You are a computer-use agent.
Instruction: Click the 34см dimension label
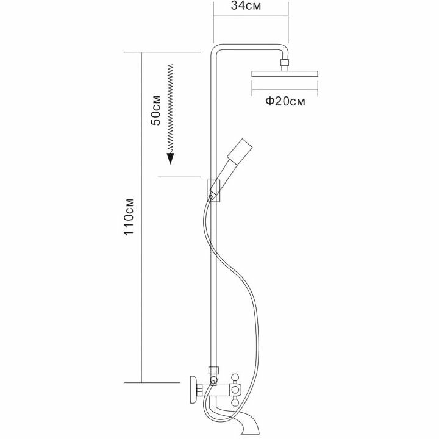250,7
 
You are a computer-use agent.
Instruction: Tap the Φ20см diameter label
285,102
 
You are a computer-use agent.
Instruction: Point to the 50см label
156,110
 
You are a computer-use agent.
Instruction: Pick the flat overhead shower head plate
285,74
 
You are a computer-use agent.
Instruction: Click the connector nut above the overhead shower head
284,62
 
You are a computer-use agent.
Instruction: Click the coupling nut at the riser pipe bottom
213,370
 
